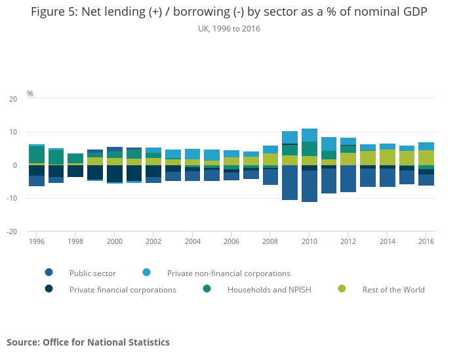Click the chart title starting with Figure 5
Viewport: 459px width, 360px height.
229,13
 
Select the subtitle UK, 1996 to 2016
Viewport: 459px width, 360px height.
229,29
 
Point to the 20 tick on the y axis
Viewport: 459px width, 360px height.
13,99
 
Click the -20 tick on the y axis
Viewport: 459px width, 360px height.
12,231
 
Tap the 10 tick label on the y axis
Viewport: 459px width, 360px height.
13,132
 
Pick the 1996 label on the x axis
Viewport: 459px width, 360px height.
37,241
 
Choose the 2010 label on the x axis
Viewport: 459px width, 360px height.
309,241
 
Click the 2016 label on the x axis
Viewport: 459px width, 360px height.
426,241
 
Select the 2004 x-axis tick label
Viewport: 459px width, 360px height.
192,241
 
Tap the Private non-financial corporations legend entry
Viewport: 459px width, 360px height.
228,273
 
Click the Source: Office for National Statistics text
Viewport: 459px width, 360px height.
88,342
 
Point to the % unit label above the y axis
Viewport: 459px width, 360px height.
30,94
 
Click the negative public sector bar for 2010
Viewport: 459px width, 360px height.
309,186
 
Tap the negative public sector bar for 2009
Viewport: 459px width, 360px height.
290,182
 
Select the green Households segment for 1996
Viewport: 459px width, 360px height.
37,155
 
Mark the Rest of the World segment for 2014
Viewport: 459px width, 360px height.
388,157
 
